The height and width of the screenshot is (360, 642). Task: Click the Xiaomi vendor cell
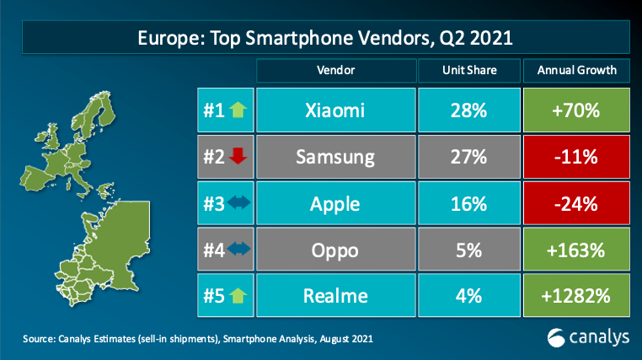tap(335, 110)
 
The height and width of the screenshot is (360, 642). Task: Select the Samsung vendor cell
tap(335, 157)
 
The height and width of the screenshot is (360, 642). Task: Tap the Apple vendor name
tap(335, 204)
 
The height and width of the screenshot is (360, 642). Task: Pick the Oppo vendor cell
tap(335, 250)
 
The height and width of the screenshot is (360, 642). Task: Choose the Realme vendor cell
tap(335, 296)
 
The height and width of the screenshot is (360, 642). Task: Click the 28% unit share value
tap(468, 110)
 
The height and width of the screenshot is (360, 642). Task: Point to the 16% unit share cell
tap(469, 203)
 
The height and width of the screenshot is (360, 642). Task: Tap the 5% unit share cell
tap(469, 250)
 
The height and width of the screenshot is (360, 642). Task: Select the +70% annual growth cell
tap(576, 110)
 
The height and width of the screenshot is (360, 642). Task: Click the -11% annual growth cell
tap(576, 157)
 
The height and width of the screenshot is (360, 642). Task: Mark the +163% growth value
tap(575, 250)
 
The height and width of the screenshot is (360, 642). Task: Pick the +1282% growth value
tap(575, 296)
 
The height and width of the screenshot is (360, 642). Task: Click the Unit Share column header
tap(469, 71)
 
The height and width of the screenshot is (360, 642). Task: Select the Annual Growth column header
tap(576, 71)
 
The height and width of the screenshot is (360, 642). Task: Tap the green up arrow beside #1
tap(238, 110)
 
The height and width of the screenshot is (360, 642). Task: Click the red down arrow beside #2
tap(238, 156)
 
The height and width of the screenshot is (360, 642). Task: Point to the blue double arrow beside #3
tap(238, 202)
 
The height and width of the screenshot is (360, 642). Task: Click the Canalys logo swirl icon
tap(555, 338)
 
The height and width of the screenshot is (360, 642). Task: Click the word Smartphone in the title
tap(299, 38)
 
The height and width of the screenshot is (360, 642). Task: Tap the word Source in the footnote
tap(38, 339)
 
